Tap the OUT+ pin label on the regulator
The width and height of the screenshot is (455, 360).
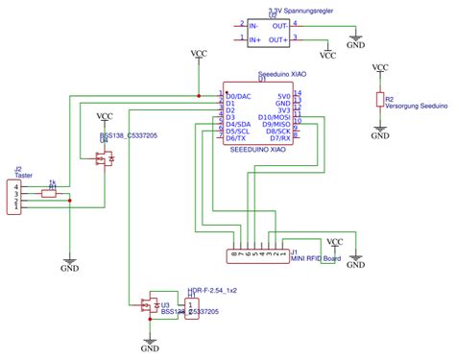click(279, 39)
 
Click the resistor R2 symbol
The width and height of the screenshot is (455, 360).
click(380, 100)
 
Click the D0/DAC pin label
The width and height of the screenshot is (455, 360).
click(239, 96)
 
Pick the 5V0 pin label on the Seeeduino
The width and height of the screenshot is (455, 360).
click(283, 96)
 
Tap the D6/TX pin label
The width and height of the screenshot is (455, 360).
click(237, 137)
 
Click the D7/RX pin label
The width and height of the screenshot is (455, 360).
click(280, 137)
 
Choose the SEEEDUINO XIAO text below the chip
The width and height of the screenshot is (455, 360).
click(259, 150)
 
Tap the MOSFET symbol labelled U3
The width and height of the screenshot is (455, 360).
click(150, 307)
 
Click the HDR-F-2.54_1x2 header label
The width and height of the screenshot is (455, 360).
click(212, 289)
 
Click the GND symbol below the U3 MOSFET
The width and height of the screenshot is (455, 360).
click(151, 345)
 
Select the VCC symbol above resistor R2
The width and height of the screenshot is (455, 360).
click(381, 69)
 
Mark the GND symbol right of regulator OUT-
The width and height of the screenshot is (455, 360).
click(354, 42)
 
